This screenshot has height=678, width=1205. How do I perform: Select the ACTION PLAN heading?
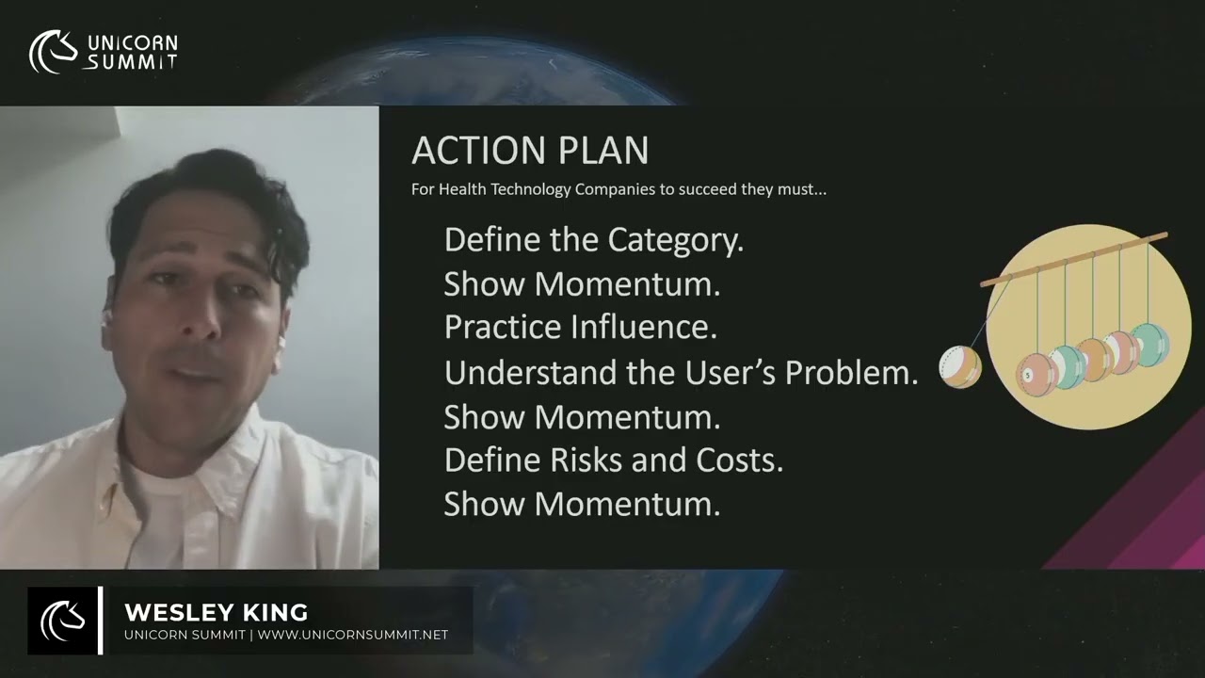pos(530,151)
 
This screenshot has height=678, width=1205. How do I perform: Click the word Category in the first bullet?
pos(675,240)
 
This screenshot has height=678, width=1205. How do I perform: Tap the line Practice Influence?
pos(580,328)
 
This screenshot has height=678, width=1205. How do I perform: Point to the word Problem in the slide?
pos(851,373)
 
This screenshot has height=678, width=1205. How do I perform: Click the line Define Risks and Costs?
pos(613,460)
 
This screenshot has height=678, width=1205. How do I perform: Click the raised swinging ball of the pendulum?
pos(960,366)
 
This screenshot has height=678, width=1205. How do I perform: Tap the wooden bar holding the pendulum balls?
pos(1073,259)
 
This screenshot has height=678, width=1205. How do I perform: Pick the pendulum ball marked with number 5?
pos(1032,374)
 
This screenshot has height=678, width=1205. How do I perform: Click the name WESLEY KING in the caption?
pos(216,613)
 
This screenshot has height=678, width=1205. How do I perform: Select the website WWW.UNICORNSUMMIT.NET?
pos(353,635)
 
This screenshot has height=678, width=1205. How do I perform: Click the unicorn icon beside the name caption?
pos(62,621)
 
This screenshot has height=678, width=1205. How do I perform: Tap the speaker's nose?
pos(201,321)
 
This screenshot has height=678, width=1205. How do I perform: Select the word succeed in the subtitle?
pos(692,189)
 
